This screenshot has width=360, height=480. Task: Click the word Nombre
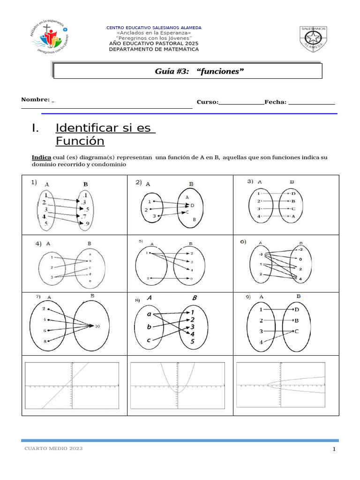click(35, 99)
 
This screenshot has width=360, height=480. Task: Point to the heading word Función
click(80, 141)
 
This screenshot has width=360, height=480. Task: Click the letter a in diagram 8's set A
click(149, 314)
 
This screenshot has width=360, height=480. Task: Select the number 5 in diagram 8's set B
click(192, 341)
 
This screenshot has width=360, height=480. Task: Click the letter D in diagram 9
click(296, 310)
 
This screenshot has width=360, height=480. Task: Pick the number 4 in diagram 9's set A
click(262, 343)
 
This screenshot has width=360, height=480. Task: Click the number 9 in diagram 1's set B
click(87, 224)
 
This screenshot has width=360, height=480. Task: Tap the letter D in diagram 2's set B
click(192, 205)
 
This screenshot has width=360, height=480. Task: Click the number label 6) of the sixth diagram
click(243, 242)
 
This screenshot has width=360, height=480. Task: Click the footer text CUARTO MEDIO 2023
click(53, 449)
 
